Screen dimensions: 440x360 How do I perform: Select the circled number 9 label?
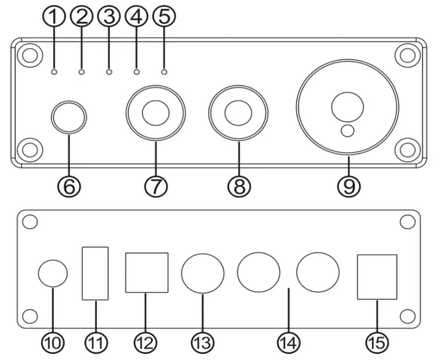pyautogui.click(x=348, y=186)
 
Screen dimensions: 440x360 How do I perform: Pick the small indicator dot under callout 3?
pyautogui.click(x=109, y=72)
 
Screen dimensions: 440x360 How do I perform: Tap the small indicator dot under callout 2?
pyautogui.click(x=81, y=72)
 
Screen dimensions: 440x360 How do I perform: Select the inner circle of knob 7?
pyautogui.click(x=156, y=113)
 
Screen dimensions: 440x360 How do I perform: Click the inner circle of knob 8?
pyautogui.click(x=238, y=113)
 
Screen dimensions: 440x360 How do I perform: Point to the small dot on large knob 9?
pyautogui.click(x=347, y=132)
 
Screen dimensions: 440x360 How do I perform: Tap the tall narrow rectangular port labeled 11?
pyautogui.click(x=95, y=273)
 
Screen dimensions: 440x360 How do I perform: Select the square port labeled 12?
pyautogui.click(x=146, y=272)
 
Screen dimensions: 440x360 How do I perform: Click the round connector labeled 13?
pyautogui.click(x=203, y=273)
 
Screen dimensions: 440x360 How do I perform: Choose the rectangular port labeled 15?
pyautogui.click(x=377, y=277)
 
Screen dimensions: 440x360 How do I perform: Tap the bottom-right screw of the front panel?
pyautogui.click(x=409, y=149)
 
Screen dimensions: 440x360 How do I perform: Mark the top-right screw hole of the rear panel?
pyautogui.click(x=408, y=222)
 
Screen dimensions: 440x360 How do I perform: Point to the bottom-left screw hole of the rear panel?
pyautogui.click(x=31, y=316)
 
